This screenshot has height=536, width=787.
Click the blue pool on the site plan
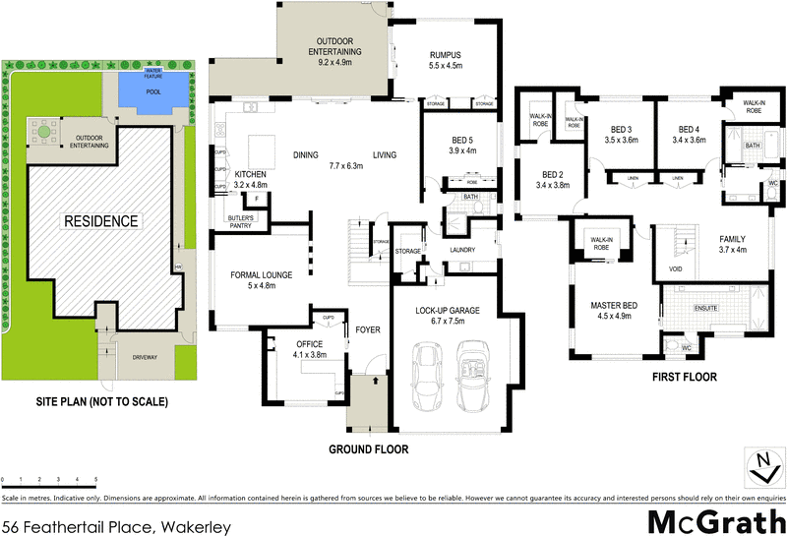152,91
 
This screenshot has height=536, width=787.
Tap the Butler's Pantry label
241,220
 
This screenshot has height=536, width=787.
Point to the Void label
676,268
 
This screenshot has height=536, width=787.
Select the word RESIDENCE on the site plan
101,220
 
